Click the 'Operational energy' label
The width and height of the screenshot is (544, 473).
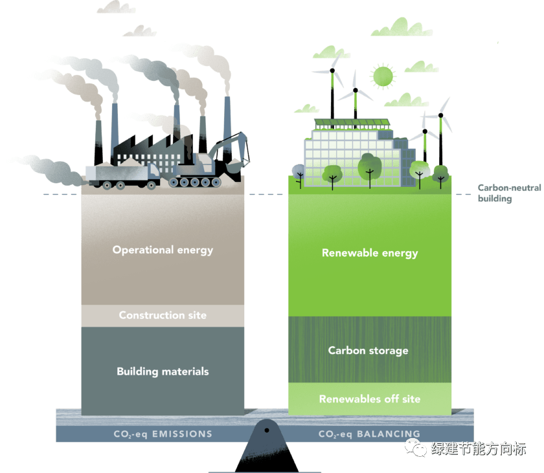[163, 250]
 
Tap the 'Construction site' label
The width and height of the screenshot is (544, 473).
[163, 316]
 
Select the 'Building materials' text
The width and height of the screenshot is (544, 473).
[163, 371]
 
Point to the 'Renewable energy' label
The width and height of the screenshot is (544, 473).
[370, 253]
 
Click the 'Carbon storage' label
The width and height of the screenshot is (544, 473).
[368, 351]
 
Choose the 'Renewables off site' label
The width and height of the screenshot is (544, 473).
[369, 399]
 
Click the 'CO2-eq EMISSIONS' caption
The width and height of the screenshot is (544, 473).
[162, 434]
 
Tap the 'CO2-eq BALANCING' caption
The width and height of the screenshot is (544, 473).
[369, 434]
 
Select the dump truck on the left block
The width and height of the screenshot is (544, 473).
[123, 174]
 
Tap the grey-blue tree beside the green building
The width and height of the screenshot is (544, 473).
[299, 171]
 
